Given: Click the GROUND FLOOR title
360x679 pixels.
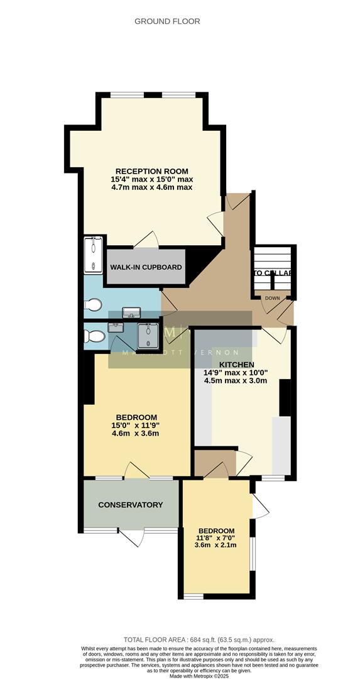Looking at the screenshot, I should tap(168, 21).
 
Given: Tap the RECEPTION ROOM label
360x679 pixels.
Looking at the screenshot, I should tap(151, 171).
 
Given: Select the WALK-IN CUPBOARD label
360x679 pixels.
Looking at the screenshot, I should tap(146, 267).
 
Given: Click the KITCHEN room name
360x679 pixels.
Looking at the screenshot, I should tap(236, 365).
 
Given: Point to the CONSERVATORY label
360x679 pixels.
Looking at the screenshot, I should tap(131, 505).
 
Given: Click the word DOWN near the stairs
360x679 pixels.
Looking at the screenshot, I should tap(272, 298).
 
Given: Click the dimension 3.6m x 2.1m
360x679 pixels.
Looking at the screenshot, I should tap(215, 545).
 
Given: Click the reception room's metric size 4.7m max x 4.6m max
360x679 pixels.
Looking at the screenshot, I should tap(151, 187).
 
